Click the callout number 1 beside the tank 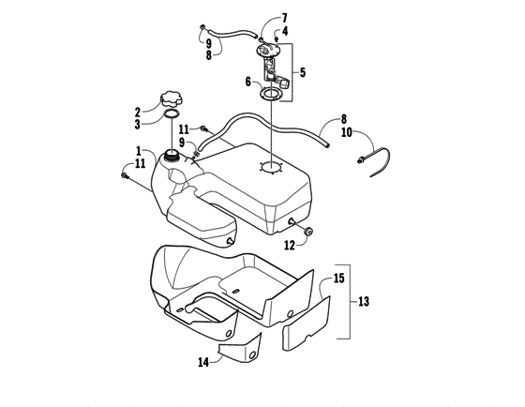[x=138, y=150]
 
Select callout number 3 [x=137, y=124]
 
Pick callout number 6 [x=247, y=82]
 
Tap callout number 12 [x=290, y=245]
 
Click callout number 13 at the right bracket [x=364, y=301]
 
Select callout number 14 [x=202, y=361]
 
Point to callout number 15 [x=338, y=279]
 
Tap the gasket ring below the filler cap [x=172, y=116]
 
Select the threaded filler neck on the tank [x=172, y=155]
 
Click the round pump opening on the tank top [x=270, y=169]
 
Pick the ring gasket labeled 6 [x=274, y=94]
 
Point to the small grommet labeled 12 [x=310, y=231]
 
